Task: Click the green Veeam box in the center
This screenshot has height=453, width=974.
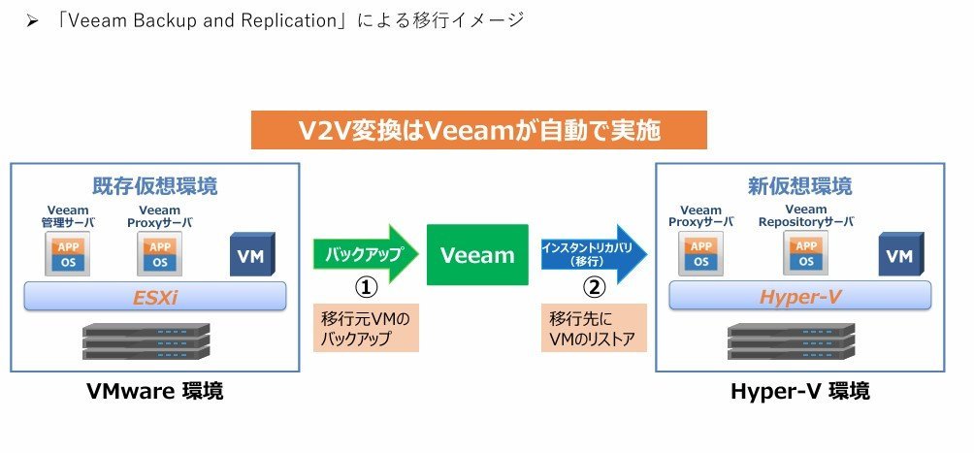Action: point(477,255)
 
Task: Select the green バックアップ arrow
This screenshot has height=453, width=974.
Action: point(365,254)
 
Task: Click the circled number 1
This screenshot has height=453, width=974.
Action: point(366,288)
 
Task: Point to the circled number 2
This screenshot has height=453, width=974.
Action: point(594,288)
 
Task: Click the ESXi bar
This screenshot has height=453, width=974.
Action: point(154,297)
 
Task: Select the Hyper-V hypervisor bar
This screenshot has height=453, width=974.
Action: point(800,296)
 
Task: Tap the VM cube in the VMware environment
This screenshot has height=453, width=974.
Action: point(252,254)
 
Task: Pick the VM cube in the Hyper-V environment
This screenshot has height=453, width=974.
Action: point(900,254)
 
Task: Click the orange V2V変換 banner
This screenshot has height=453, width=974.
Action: point(479,130)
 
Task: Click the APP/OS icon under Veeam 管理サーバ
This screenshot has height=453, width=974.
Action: point(68,253)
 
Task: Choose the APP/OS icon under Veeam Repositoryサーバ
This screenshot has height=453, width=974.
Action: point(805,252)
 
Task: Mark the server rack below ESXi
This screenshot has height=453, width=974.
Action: point(146,341)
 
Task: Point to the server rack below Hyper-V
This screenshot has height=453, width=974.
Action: point(792,341)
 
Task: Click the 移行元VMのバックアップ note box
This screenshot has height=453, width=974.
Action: point(366,328)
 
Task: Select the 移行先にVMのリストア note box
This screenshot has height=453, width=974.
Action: point(594,328)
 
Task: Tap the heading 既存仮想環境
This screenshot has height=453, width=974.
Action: point(154,186)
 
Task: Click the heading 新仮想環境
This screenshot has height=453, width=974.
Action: point(800,186)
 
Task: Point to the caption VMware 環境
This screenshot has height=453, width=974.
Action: point(154,392)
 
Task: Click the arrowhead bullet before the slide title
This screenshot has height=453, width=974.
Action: point(32,21)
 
